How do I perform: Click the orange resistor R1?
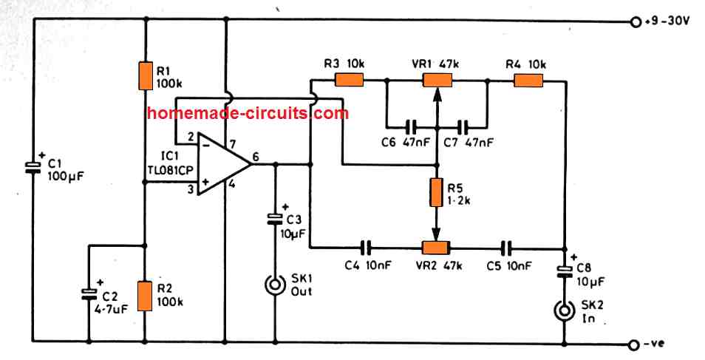145,75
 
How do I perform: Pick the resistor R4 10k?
528,80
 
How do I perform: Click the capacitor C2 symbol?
89,293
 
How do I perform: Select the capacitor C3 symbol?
276,219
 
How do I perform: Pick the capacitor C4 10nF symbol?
364,248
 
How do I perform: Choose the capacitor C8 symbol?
565,270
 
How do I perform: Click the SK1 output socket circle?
276,284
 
